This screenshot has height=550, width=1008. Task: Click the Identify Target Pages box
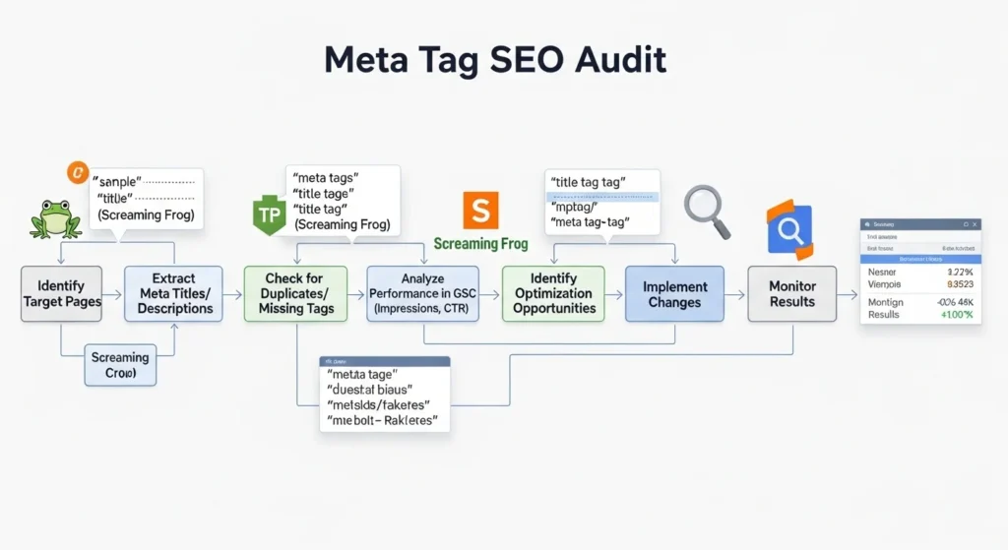[x=62, y=293]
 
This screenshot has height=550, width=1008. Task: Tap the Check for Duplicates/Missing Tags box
[x=296, y=293]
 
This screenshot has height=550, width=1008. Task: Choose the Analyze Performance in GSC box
[x=423, y=293]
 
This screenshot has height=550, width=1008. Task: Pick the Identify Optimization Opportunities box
[x=554, y=293]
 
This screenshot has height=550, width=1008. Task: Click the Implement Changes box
[x=674, y=293]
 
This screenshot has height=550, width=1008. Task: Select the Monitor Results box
[x=792, y=293]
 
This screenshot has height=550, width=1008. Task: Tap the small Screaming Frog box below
[x=120, y=366]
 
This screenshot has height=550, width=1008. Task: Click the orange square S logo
[x=481, y=211]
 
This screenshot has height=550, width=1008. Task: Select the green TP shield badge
[x=269, y=214]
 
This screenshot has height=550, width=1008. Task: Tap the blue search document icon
[x=790, y=230]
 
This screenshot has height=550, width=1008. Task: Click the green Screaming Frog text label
[x=480, y=244]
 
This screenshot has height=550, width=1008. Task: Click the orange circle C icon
[x=76, y=172]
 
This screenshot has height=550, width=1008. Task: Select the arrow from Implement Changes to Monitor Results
[x=735, y=293]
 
